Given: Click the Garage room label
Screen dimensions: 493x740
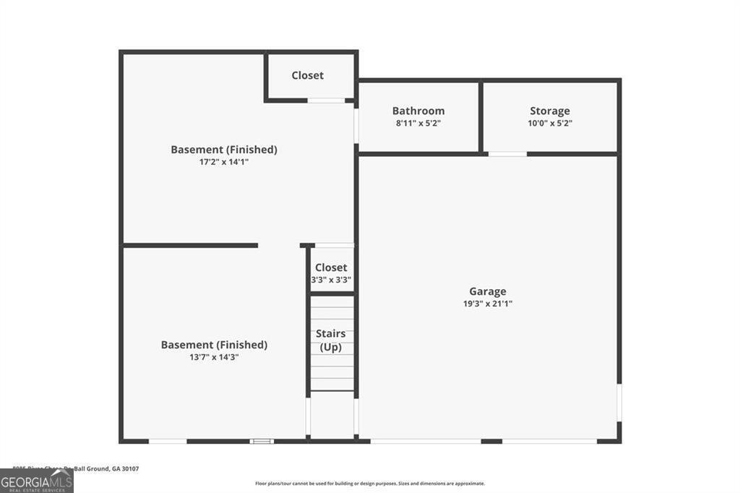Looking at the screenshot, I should [488, 291].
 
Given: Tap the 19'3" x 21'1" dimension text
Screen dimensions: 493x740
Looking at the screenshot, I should [488, 304].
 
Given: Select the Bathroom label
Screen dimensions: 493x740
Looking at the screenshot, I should [418, 111].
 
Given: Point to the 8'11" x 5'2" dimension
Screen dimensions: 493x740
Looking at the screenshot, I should [418, 124].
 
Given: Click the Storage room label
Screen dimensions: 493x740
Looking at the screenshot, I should [550, 111].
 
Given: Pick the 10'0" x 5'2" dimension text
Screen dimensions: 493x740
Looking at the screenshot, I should [550, 124].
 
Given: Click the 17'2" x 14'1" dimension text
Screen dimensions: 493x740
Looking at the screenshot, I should [224, 162].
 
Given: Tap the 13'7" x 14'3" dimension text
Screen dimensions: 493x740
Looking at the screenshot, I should [214, 357].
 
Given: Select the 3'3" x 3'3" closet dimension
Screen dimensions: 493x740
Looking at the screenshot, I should [331, 280].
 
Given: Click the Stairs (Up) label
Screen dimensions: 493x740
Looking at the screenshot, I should [330, 340].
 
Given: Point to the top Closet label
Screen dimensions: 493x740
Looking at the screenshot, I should [308, 75].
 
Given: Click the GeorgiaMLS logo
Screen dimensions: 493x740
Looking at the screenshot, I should [36, 480].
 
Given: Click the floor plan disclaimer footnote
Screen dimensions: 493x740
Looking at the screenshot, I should [370, 484].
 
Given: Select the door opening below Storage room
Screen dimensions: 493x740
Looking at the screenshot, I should [507, 154].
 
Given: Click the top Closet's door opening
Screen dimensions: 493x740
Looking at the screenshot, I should [326, 100].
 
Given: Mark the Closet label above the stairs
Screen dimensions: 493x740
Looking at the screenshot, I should [331, 267].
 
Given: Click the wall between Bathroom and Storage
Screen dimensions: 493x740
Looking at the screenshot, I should [481, 117].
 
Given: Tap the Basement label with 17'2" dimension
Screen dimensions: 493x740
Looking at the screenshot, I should [224, 150].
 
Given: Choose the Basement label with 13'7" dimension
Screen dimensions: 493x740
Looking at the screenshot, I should [214, 345].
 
